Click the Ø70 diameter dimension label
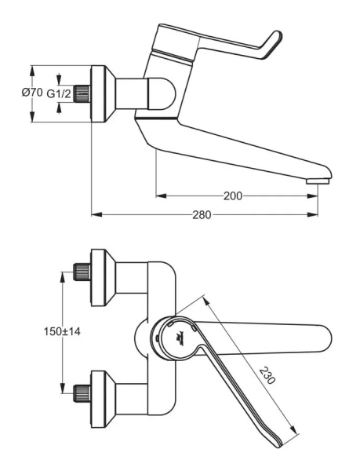(x=32, y=93)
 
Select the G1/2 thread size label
(x=60, y=93)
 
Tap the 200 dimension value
(x=232, y=195)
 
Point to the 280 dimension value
(x=202, y=215)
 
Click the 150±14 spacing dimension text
(x=62, y=331)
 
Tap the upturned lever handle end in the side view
(x=275, y=39)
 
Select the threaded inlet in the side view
(x=81, y=93)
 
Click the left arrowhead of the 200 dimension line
(x=158, y=195)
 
